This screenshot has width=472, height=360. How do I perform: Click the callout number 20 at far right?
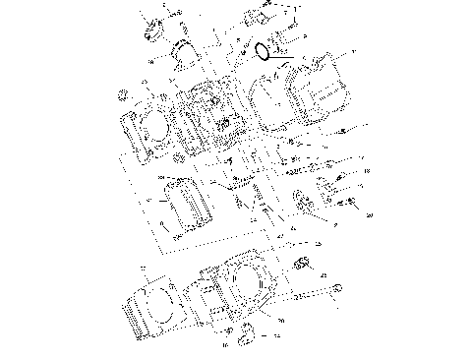[x=369, y=213]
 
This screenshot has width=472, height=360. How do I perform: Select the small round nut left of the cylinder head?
[x=124, y=93]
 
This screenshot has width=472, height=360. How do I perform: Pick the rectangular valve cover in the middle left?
[x=186, y=207]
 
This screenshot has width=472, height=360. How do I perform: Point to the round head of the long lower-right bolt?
[x=334, y=288]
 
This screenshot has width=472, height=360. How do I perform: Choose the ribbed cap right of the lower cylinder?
[x=303, y=261]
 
